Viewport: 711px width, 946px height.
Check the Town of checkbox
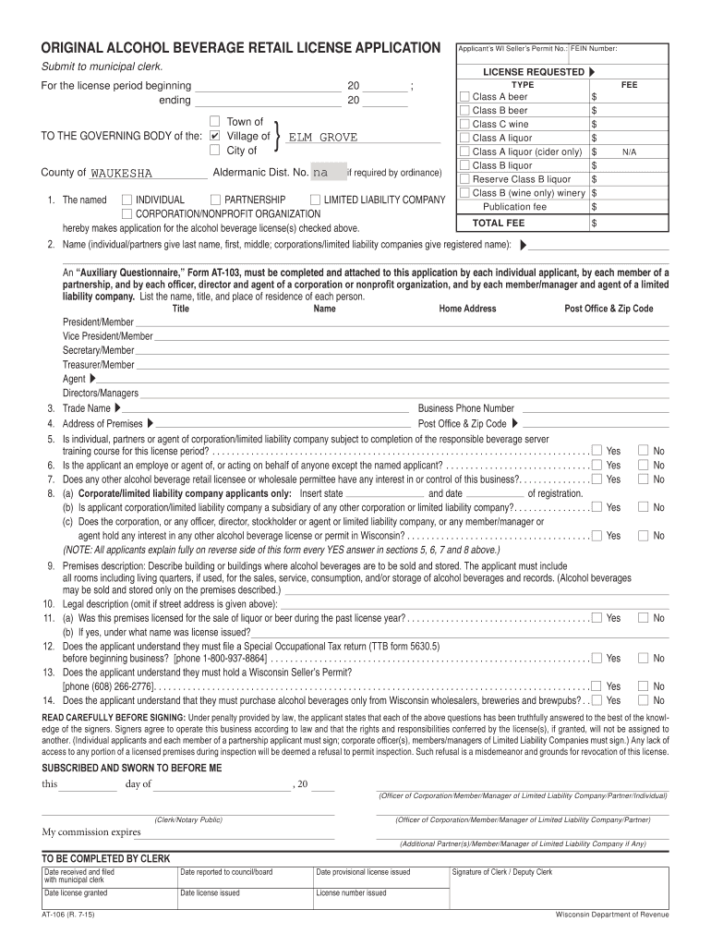pyautogui.click(x=214, y=122)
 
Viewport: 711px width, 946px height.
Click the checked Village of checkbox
pyautogui.click(x=214, y=137)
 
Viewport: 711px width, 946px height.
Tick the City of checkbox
pyautogui.click(x=214, y=151)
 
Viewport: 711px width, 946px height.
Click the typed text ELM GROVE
pyautogui.click(x=322, y=138)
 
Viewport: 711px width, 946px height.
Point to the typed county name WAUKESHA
pyautogui.click(x=122, y=174)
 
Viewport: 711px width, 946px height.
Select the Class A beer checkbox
pyautogui.click(x=464, y=97)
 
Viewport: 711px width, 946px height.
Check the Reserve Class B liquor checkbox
pyautogui.click(x=464, y=179)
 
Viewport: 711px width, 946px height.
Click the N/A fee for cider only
pyautogui.click(x=630, y=152)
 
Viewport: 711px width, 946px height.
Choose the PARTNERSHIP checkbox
pyautogui.click(x=215, y=200)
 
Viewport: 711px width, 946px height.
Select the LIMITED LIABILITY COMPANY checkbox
pyautogui.click(x=315, y=200)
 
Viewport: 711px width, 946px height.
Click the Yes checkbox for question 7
pyautogui.click(x=597, y=479)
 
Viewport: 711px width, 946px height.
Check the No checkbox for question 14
pyautogui.click(x=644, y=700)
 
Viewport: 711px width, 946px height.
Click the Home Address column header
pyautogui.click(x=467, y=309)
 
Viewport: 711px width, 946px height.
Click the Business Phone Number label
pyautogui.click(x=465, y=408)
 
